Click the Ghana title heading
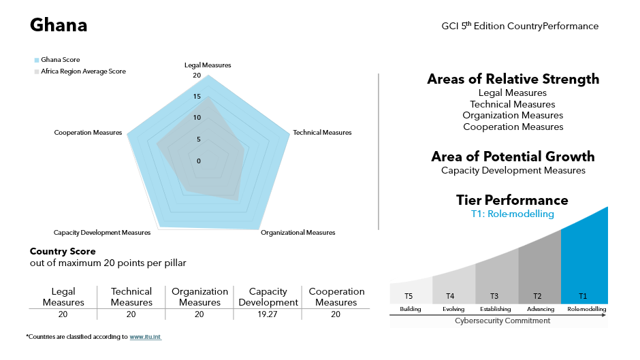(x=59, y=26)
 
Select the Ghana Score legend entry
(x=60, y=60)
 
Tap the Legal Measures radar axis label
(x=208, y=65)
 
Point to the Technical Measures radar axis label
(x=322, y=132)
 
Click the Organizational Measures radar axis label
(x=298, y=233)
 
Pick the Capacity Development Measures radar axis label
(x=102, y=233)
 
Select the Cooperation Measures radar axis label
(x=88, y=132)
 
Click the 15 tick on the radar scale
(x=197, y=97)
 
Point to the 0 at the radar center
(x=199, y=161)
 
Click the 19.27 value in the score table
(x=267, y=314)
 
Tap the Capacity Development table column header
(x=267, y=297)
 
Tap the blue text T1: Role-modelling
(x=512, y=214)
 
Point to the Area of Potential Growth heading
(x=513, y=157)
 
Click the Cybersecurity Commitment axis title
(x=502, y=321)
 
